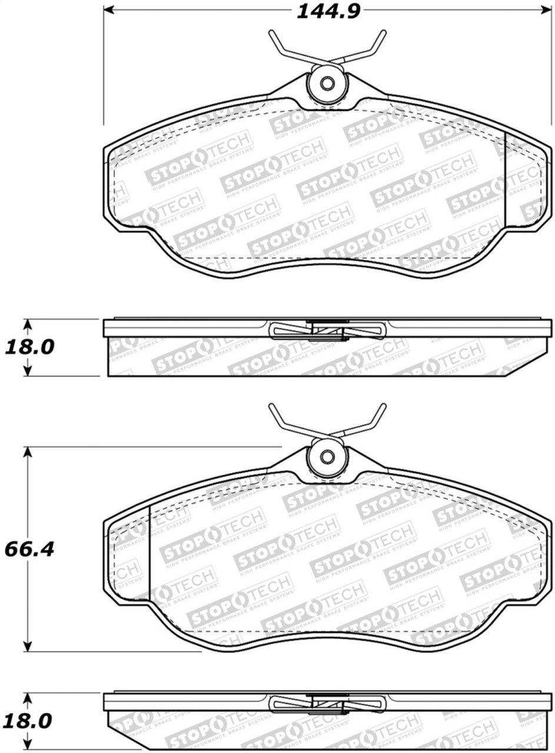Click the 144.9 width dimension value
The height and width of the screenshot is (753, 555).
coord(327,11)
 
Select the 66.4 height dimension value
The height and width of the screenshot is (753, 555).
coord(29,549)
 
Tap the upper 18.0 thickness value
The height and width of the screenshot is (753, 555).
coord(29,347)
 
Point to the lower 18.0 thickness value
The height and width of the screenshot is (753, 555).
coord(29,721)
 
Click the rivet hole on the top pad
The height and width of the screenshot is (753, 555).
coord(327,83)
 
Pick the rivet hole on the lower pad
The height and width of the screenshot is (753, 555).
coord(327,457)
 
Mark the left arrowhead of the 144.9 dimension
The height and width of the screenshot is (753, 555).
coord(108,10)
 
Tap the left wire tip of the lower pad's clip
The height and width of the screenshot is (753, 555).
coord(271,407)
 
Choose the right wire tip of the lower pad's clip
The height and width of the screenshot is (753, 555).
coord(383,407)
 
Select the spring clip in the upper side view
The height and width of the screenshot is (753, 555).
coord(327,329)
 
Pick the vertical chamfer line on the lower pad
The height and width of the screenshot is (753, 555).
coord(149,553)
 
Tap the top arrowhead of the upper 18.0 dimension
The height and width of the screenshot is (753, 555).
coord(27,324)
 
